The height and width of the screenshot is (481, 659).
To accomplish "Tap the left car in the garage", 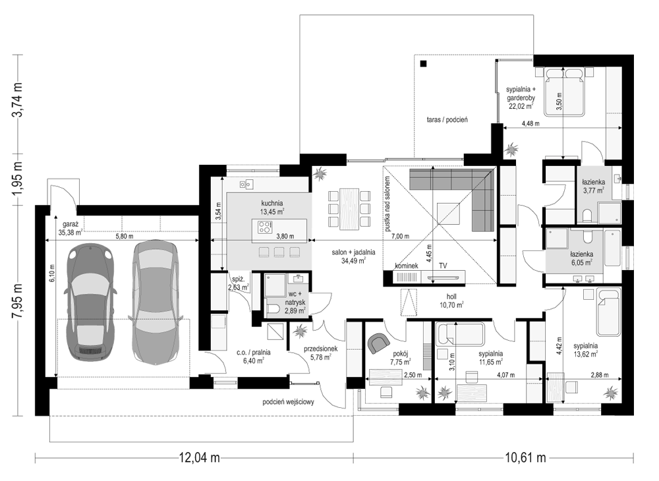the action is (x=90, y=302).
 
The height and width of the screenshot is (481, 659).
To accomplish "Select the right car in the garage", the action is (x=155, y=302).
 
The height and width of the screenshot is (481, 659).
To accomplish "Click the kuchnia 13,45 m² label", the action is (x=272, y=208).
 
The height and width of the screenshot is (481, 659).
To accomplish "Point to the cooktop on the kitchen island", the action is (x=265, y=227).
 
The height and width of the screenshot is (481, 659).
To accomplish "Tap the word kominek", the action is (x=406, y=266).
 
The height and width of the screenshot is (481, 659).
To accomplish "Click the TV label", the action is (x=443, y=266).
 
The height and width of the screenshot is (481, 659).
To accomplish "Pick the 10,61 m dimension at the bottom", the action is (x=525, y=457).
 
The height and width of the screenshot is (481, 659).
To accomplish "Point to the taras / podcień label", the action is (x=447, y=120).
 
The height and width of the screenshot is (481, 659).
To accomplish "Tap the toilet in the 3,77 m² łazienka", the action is (x=587, y=215).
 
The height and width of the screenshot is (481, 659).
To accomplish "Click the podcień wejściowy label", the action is (x=289, y=402).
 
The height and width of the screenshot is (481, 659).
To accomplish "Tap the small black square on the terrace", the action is (x=423, y=64).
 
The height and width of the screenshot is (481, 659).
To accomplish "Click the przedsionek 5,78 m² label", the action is (x=321, y=353).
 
